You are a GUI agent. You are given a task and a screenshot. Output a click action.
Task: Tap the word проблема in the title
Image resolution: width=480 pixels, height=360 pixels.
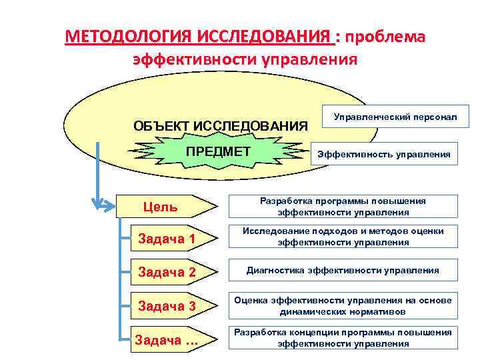(385, 36)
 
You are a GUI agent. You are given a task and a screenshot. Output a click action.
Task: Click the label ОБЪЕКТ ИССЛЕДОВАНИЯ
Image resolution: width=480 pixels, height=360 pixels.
(221, 125)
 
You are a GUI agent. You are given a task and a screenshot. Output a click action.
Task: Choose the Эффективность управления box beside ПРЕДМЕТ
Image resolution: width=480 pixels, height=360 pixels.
(383, 154)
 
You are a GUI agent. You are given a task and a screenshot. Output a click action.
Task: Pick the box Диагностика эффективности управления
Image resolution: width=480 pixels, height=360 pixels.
(343, 271)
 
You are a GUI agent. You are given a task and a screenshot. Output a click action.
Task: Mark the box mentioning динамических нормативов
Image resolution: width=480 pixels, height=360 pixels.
(343, 305)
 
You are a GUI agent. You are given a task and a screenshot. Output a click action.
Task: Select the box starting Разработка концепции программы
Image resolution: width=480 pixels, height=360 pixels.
(343, 338)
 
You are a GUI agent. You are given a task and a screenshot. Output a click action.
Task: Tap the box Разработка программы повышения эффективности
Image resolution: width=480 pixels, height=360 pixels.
(343, 207)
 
